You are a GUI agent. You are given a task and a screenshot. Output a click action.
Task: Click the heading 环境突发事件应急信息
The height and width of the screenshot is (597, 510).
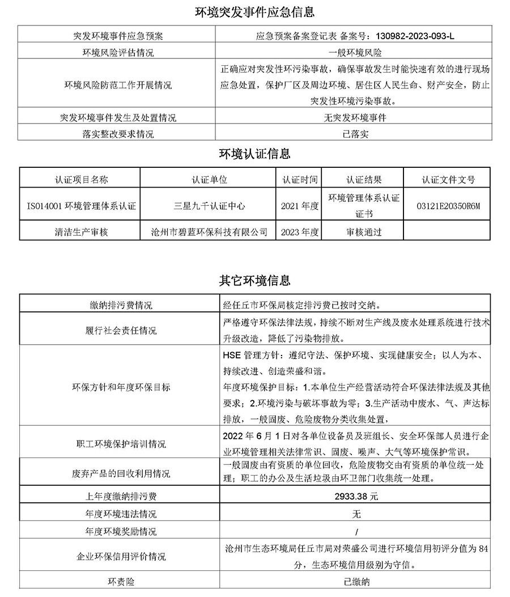pos(254,12)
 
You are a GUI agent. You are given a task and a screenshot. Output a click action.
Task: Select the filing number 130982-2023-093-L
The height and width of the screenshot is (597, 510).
pos(415,36)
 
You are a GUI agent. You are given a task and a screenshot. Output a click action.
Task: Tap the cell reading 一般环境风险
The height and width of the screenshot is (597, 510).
pos(355,53)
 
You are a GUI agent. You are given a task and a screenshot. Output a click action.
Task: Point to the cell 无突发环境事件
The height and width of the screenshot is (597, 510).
pos(355,118)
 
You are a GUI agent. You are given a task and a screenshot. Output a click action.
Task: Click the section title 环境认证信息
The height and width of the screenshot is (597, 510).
pos(254,154)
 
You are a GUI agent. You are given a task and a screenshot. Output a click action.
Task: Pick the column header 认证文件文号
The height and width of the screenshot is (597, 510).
pos(448,180)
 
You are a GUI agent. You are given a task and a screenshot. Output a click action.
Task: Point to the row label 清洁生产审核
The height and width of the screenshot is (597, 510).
pos(81,232)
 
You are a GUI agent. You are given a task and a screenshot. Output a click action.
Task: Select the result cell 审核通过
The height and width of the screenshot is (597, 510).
pos(363,232)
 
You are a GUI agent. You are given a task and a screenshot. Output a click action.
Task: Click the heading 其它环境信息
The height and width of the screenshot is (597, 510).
pos(254,280)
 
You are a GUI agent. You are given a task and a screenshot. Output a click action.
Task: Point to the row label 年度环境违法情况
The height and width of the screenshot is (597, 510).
pos(121,514)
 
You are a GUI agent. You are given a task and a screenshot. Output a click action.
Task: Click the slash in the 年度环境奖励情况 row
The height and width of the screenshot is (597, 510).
pos(355,532)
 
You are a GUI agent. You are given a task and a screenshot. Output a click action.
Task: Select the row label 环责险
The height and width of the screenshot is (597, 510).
pos(121,582)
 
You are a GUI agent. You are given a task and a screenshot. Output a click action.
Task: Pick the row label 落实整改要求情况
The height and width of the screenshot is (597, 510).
pos(117,134)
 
